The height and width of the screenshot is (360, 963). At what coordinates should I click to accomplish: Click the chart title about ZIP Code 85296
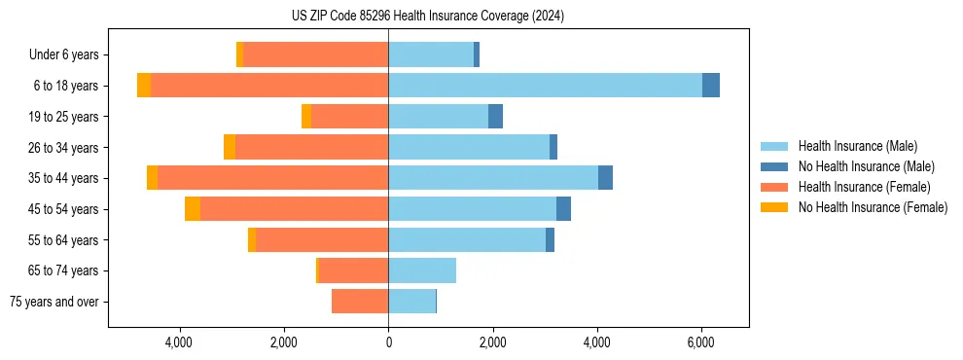tap(427, 17)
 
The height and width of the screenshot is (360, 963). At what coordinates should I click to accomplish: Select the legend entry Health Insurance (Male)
tap(857, 146)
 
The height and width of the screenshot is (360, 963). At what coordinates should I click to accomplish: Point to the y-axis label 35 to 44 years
tap(63, 178)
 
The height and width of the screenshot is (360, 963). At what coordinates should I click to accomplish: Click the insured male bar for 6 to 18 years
tap(545, 86)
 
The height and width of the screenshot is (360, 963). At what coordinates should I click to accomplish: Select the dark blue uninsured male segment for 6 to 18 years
tap(711, 86)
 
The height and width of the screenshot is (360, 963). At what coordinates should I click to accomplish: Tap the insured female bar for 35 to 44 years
tap(272, 178)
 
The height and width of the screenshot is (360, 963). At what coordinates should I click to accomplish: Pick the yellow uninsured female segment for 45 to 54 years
tap(193, 209)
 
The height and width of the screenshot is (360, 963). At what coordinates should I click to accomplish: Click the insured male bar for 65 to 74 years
tap(422, 270)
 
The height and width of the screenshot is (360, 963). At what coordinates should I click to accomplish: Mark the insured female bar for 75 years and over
tap(360, 302)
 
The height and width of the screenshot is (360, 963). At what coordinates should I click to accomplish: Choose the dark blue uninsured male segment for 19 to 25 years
tap(495, 117)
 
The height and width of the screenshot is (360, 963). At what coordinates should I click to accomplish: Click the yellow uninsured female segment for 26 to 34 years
tap(230, 147)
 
